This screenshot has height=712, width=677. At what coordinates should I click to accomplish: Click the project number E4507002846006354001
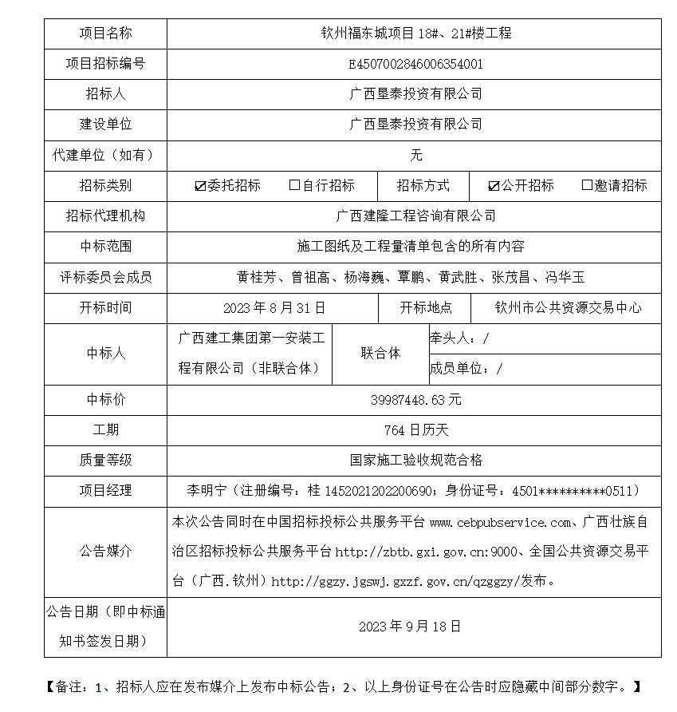click(x=415, y=64)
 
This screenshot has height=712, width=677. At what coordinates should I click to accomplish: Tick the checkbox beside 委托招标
click(x=200, y=186)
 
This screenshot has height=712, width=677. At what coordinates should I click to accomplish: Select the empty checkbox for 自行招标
click(x=294, y=185)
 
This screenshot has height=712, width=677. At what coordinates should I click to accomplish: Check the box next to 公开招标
click(x=494, y=186)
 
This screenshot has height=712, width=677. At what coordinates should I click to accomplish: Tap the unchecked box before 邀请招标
click(x=588, y=185)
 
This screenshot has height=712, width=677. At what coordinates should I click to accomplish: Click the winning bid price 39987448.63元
click(x=415, y=399)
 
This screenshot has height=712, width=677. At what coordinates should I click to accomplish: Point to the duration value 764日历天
click(x=415, y=430)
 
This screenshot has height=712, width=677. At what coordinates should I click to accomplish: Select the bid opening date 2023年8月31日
click(x=274, y=308)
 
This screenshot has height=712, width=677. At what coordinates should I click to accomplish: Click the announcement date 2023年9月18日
click(x=410, y=627)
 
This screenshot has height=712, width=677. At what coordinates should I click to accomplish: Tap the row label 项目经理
click(x=105, y=490)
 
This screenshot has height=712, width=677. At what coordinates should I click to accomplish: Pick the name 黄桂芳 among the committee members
click(x=256, y=278)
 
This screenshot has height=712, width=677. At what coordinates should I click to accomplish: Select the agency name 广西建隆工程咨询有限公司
click(x=415, y=216)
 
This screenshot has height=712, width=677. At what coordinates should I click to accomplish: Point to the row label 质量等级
click(x=105, y=460)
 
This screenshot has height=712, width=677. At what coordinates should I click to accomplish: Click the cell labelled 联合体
click(x=380, y=353)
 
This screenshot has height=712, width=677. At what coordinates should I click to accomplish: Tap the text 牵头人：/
click(x=459, y=338)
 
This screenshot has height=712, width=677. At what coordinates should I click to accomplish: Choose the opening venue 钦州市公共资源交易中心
click(x=568, y=308)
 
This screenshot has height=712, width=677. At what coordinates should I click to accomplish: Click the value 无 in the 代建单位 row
click(x=415, y=155)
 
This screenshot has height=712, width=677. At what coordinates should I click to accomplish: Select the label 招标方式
click(x=423, y=185)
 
